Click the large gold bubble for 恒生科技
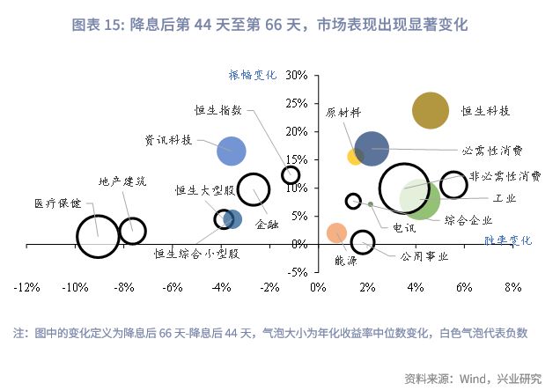tap(431, 111)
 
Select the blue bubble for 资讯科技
tap(232, 151)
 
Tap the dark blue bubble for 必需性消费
tap(372, 149)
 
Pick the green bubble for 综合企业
tap(420, 199)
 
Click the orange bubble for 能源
tap(336, 232)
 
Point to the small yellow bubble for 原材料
tap(356, 157)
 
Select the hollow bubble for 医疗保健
tap(97, 236)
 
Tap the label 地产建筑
tap(122, 181)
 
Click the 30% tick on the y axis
tap(295, 76)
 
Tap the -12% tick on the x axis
tap(26, 287)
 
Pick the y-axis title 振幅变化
tap(253, 76)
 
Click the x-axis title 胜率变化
tap(508, 240)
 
